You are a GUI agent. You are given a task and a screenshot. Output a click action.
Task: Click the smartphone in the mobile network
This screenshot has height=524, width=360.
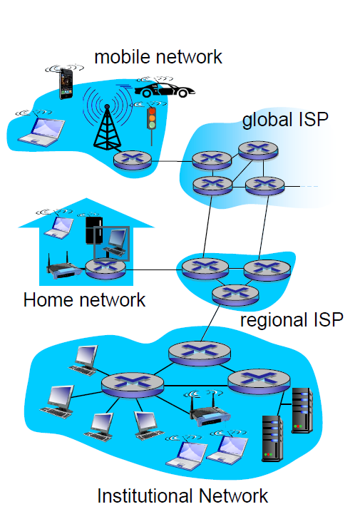click(x=66, y=83)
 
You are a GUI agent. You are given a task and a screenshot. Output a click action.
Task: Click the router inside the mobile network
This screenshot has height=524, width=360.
click(x=133, y=160)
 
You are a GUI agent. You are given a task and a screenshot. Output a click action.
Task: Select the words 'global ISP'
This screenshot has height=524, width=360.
click(x=285, y=120)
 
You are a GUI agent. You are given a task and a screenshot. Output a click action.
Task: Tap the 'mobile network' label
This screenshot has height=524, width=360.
click(x=158, y=57)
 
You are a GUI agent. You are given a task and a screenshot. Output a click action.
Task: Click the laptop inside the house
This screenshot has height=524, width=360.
click(x=59, y=227)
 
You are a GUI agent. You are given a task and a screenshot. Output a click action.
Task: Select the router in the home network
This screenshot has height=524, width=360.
click(x=106, y=269)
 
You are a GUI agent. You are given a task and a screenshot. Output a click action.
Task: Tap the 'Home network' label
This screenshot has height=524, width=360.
click(x=84, y=299)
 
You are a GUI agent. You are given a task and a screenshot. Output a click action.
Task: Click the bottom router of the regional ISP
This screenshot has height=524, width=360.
click(x=235, y=294)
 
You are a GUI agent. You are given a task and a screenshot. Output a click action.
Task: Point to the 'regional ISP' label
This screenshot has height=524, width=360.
click(x=292, y=320)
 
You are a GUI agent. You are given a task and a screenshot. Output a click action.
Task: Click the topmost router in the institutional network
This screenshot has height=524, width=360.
click(x=200, y=353)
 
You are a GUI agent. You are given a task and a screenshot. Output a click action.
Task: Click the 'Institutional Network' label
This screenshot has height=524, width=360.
click(x=182, y=495)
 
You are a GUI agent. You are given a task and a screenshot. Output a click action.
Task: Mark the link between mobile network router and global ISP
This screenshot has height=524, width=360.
click(x=172, y=161)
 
